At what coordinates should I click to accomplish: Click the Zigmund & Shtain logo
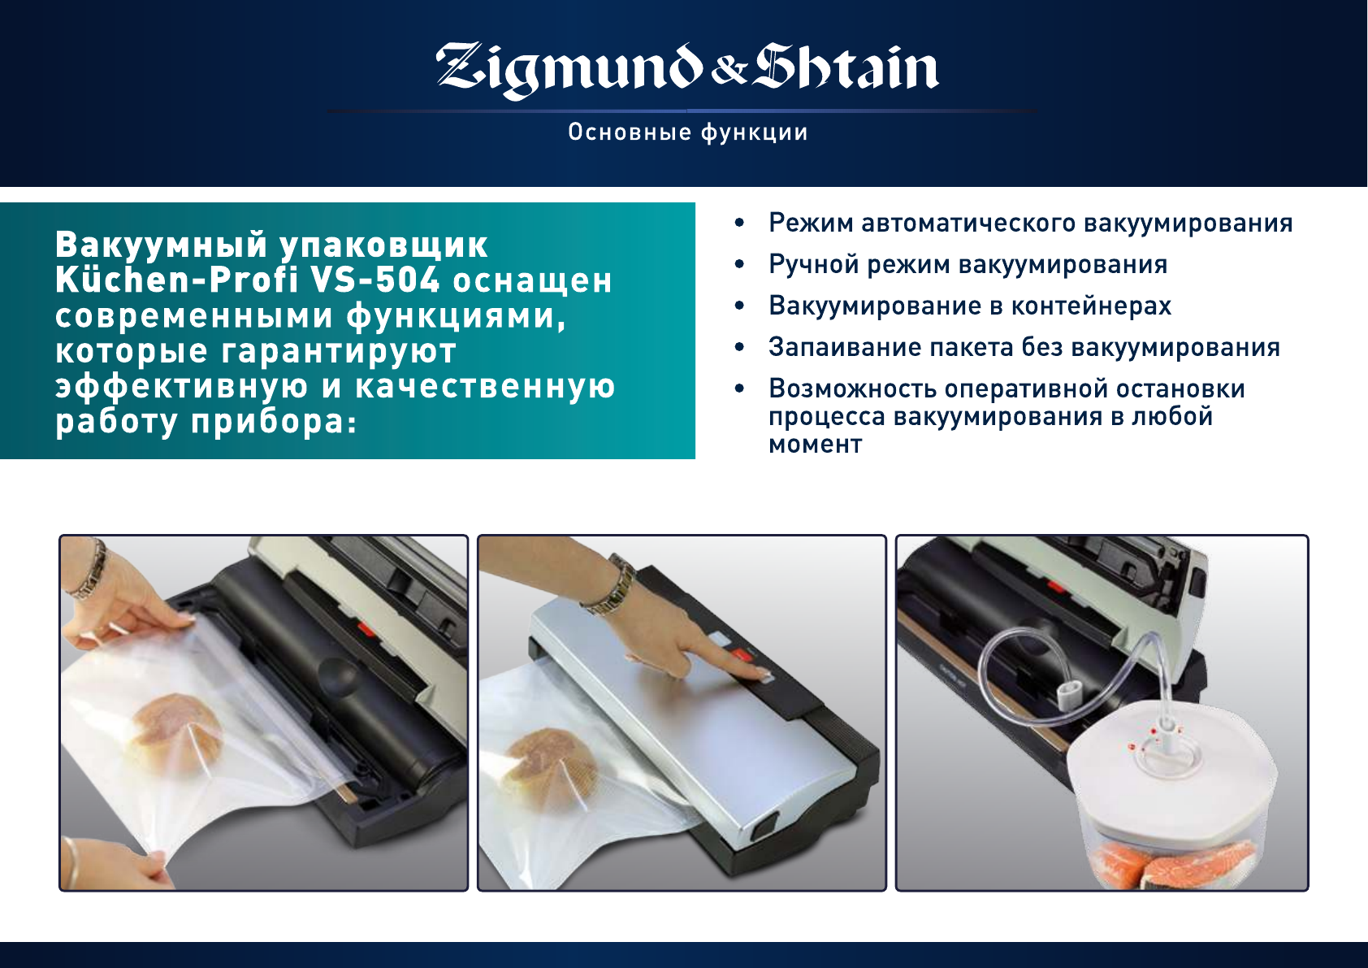point(687,71)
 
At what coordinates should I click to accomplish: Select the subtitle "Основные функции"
point(688,132)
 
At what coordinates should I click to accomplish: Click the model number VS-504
point(375,280)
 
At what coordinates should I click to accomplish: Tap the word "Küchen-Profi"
point(177,280)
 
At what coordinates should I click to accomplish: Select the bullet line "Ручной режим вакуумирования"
point(968,266)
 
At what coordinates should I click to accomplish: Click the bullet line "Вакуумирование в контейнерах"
point(970,306)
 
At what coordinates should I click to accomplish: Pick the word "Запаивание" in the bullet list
point(844,347)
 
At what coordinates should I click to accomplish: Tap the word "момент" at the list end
point(816,445)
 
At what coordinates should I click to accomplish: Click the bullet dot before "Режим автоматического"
point(739,223)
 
